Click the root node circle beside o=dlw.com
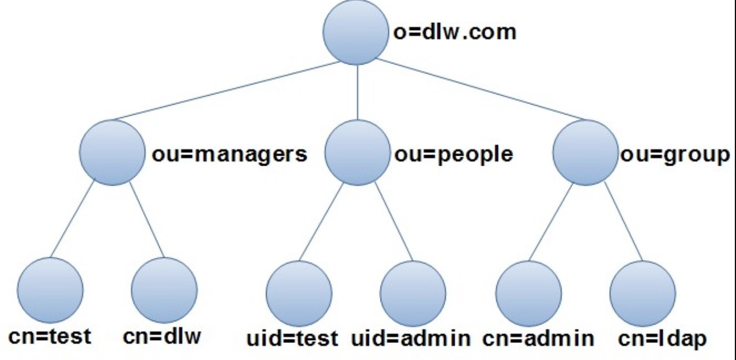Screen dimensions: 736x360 tap(356, 32)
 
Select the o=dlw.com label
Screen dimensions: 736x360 tap(455, 32)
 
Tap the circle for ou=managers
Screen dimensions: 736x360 tap(112, 153)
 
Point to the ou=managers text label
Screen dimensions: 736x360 tap(229, 154)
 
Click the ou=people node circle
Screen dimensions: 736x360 tap(358, 153)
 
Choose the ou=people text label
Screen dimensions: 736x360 tap(453, 154)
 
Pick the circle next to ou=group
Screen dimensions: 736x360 tap(585, 153)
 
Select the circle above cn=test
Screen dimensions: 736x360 tap(51, 290)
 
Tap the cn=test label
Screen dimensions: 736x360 tap(50, 337)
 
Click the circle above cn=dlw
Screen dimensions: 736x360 tap(164, 290)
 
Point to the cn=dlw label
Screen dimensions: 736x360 tap(162, 337)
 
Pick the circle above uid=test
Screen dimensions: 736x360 tap(299, 294)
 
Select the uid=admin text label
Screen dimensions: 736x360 tap(411, 338)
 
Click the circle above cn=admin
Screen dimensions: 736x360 tap(529, 294)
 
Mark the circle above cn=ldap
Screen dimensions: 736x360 tap(643, 294)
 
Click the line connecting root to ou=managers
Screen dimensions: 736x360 tap(226, 91)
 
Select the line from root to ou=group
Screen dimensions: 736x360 tap(480, 90)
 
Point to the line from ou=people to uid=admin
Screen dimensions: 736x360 tap(394, 221)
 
